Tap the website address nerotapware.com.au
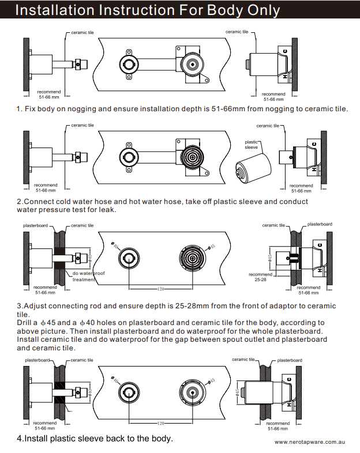[309, 442]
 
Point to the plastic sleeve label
[252, 144]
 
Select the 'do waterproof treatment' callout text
[88, 276]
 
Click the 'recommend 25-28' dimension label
[260, 277]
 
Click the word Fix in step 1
[30, 108]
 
